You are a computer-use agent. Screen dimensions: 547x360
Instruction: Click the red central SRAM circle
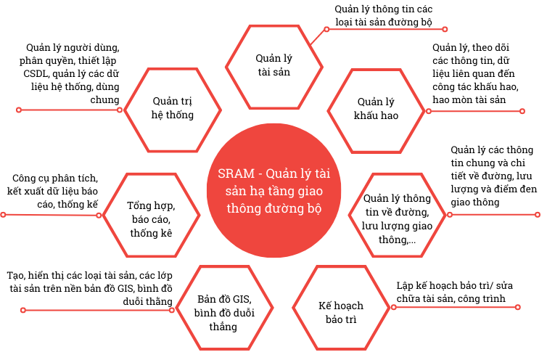tap(273, 190)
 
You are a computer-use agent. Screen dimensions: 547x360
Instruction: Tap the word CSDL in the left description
tap(36, 74)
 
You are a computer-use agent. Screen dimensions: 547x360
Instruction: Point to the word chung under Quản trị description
tap(104, 100)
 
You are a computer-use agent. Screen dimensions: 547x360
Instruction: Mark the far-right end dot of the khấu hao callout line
tap(522, 111)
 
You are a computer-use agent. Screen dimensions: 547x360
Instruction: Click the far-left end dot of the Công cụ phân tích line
tap(3, 214)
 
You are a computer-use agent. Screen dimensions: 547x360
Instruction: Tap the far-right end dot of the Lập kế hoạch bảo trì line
tap(518, 307)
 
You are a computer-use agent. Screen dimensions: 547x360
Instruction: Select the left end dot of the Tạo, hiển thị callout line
tap(23, 310)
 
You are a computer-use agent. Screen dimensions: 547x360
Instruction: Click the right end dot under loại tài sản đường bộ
tap(445, 29)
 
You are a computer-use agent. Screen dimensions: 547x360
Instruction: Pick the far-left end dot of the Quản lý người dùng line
tap(19, 110)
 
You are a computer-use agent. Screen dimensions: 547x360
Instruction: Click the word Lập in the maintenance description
tap(405, 286)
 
